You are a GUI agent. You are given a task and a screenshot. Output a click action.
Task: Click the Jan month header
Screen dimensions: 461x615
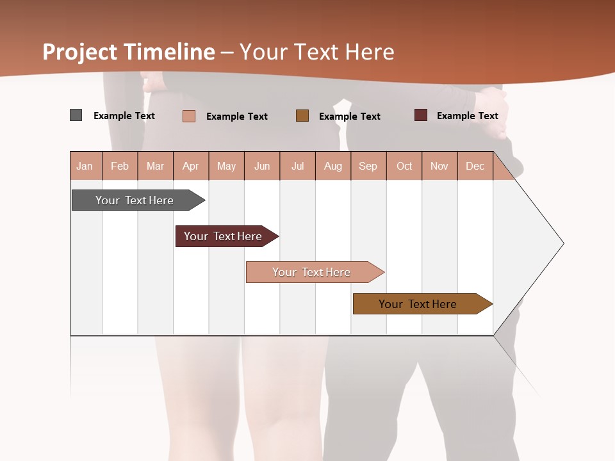pyautogui.click(x=85, y=166)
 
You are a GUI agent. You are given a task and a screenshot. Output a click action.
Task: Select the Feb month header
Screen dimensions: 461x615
pyautogui.click(x=120, y=166)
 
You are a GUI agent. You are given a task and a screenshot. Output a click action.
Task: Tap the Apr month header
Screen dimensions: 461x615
pyautogui.click(x=191, y=166)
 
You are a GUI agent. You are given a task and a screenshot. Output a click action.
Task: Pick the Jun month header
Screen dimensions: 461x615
pyautogui.click(x=262, y=166)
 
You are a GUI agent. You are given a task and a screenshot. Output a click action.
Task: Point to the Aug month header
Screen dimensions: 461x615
pyautogui.click(x=333, y=166)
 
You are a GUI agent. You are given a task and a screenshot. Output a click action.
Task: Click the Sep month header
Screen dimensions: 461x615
pyautogui.click(x=368, y=166)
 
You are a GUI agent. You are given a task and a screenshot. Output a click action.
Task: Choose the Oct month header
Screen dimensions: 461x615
pyautogui.click(x=404, y=166)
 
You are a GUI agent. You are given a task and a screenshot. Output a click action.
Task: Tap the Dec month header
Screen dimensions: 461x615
pyautogui.click(x=475, y=166)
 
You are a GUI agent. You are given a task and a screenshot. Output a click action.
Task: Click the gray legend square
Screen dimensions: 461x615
pyautogui.click(x=76, y=115)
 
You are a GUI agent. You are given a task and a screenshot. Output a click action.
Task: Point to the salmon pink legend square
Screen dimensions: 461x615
pyautogui.click(x=189, y=116)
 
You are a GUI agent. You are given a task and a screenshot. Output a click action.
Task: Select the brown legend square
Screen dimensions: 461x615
pyautogui.click(x=302, y=115)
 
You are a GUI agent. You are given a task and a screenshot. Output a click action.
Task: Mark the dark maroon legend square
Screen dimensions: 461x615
pyautogui.click(x=421, y=115)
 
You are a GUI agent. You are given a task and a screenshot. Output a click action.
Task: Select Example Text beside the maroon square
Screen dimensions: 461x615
pyautogui.click(x=468, y=115)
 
